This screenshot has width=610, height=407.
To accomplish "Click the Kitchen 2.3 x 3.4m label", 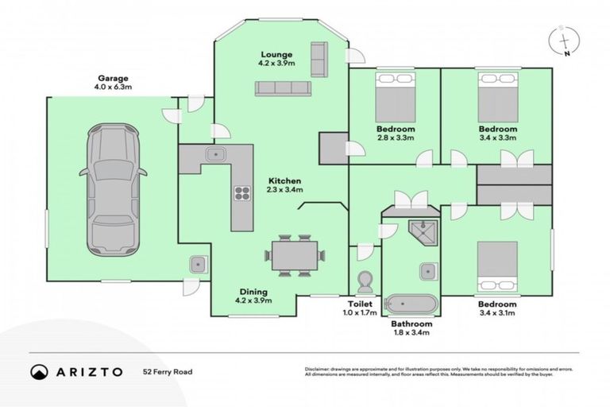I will point(284,185).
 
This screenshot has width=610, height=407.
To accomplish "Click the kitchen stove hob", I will point(241,192).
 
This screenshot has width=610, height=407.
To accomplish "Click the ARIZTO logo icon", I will point(40,371).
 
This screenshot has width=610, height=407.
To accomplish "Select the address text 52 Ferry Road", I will point(168,371).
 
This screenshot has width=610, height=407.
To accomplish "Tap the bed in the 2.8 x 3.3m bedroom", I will point(395,98).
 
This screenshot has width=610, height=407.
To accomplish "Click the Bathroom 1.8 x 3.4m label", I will point(411,328).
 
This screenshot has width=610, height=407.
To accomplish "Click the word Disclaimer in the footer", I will point(320,369).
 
